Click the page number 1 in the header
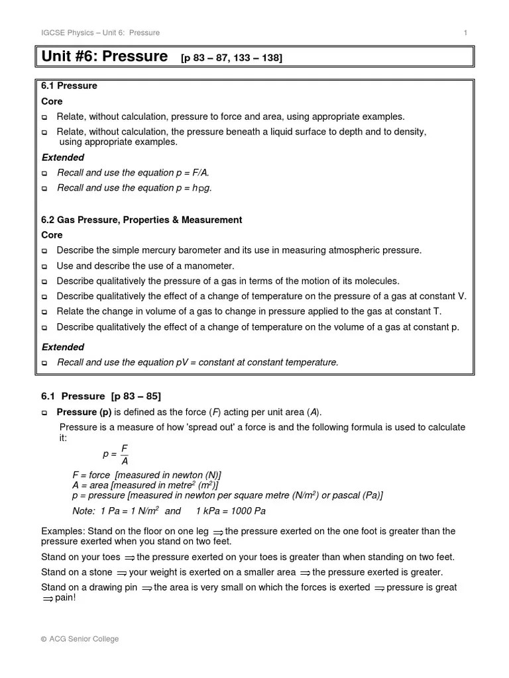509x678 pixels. (465, 33)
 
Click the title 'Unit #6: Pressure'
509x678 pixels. (104, 57)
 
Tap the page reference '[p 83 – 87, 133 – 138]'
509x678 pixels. (231, 58)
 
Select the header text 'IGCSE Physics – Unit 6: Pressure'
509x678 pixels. (100, 33)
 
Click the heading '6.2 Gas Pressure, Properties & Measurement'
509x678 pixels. (141, 220)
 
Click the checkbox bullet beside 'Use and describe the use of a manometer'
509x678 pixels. (45, 266)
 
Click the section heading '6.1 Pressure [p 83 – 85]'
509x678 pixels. (101, 397)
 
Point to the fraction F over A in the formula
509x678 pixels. (124, 454)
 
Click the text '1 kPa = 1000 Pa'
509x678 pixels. (231, 511)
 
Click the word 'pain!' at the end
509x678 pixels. (65, 598)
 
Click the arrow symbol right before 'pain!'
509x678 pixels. (48, 599)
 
